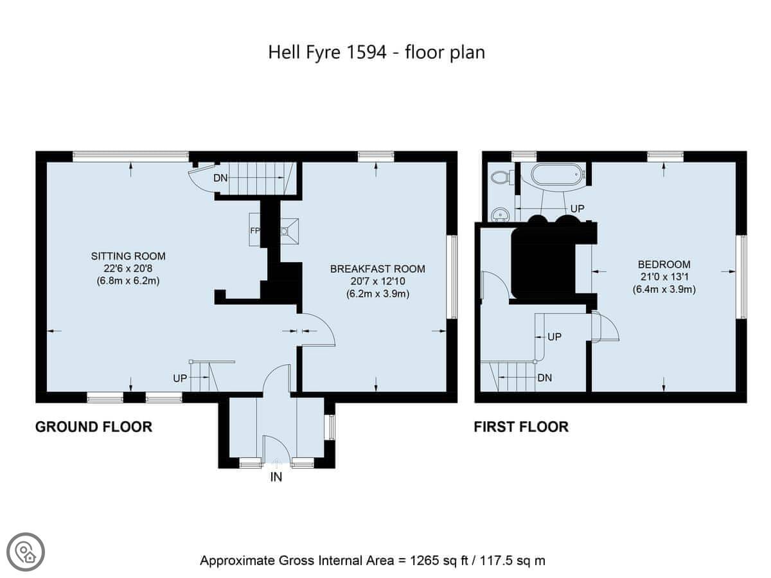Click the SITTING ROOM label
128,256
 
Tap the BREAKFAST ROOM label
378,269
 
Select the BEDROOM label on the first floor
664,264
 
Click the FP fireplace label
255,231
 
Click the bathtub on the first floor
558,175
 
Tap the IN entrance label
276,477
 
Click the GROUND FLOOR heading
94,427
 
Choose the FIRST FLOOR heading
521,427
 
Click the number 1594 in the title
366,52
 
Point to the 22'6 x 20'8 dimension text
128,268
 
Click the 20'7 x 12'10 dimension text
378,281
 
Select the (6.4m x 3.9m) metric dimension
664,290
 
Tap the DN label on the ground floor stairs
220,178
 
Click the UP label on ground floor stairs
180,378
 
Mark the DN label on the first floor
545,378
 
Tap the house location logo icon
26,552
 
